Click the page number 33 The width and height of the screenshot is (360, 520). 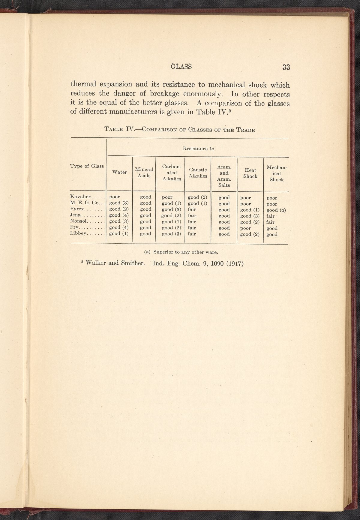(x=286, y=67)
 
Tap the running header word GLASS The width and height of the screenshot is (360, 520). (x=181, y=67)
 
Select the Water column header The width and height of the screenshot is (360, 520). (x=119, y=172)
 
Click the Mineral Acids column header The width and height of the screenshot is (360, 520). (x=144, y=172)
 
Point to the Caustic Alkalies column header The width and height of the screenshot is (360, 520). (x=198, y=173)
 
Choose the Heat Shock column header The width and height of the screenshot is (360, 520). (x=250, y=173)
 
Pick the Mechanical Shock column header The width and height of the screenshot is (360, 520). (x=276, y=173)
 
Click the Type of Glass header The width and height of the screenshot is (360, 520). (x=87, y=166)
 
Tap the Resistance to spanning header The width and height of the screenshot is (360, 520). (x=199, y=149)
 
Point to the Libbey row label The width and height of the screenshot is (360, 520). (x=78, y=233)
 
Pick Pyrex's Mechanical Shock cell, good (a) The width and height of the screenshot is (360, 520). (x=276, y=210)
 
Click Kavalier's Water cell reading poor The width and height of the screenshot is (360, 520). (x=115, y=197)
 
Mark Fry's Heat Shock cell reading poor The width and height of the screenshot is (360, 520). (x=246, y=228)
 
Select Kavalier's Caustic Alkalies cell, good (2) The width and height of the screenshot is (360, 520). (x=197, y=197)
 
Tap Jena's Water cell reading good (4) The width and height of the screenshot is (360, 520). (x=119, y=215)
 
